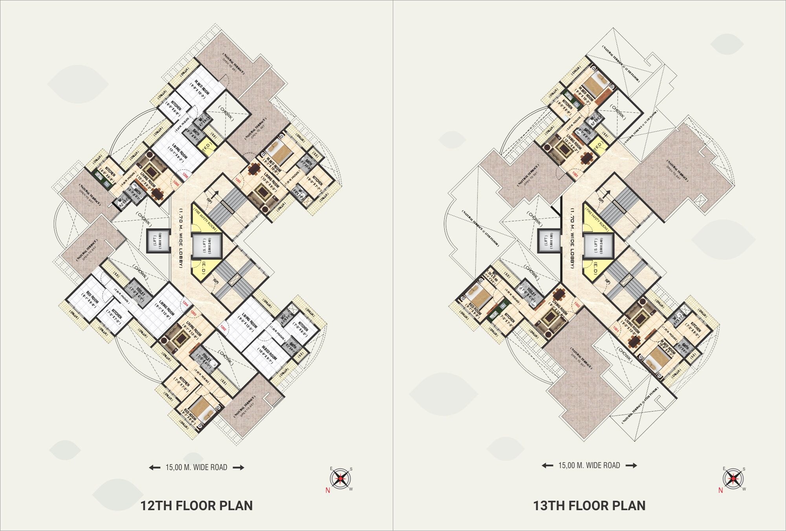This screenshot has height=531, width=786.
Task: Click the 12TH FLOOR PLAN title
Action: [196, 505]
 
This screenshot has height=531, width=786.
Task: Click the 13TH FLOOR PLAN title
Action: [589, 505]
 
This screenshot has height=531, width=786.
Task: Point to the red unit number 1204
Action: [185, 304]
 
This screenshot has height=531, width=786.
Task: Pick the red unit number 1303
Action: [575, 174]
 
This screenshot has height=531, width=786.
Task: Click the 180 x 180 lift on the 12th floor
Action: [157, 240]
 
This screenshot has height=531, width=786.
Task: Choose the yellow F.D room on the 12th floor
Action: [207, 147]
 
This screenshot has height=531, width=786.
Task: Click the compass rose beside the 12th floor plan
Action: [340, 479]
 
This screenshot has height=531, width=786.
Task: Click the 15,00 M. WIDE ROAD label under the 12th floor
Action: [196, 467]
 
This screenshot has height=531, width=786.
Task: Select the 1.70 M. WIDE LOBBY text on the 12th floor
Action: [181, 238]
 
